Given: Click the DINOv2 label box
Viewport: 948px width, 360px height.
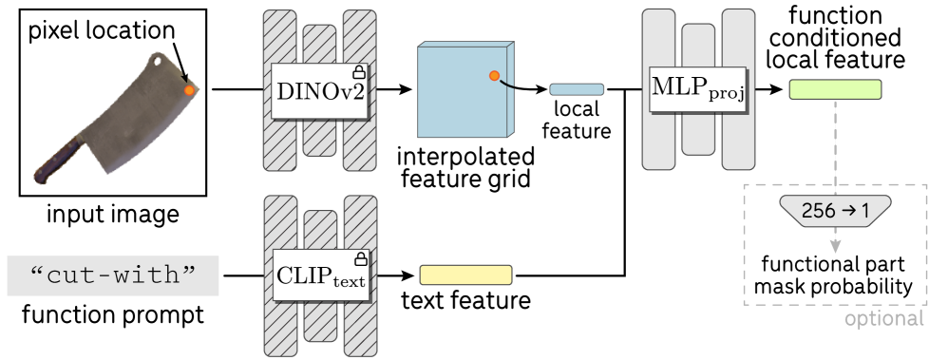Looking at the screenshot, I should pos(319,91).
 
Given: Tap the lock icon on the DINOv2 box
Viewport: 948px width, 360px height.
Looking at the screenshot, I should pos(359,72).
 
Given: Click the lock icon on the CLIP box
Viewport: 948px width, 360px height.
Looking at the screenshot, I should pos(359,258).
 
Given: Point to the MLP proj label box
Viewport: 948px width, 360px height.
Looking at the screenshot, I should pos(698,90).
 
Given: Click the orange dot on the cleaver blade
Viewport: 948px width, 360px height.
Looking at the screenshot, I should pos(189,90).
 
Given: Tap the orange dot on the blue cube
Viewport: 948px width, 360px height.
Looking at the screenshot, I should pos(494,76).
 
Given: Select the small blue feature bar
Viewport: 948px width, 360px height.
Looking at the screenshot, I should pos(577,89).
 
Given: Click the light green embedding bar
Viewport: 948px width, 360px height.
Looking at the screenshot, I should pos(835,89).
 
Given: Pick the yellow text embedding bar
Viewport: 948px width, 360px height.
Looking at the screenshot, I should pos(465,275).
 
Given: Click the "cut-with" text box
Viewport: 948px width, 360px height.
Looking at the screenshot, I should pos(113,275).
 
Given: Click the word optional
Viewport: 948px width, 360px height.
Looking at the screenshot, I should pos(883,319).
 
